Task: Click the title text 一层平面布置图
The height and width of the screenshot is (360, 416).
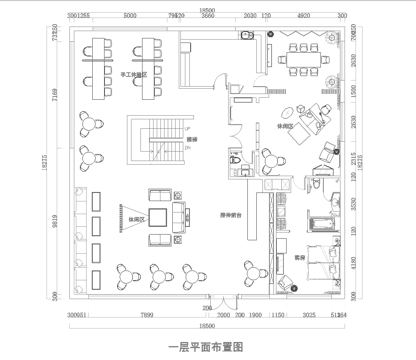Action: click(x=207, y=347)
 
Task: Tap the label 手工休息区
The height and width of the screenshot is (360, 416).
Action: click(x=135, y=74)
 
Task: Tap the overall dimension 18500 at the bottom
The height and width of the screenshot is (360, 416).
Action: click(x=207, y=326)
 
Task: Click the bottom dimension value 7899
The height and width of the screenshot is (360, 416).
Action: click(x=147, y=314)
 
